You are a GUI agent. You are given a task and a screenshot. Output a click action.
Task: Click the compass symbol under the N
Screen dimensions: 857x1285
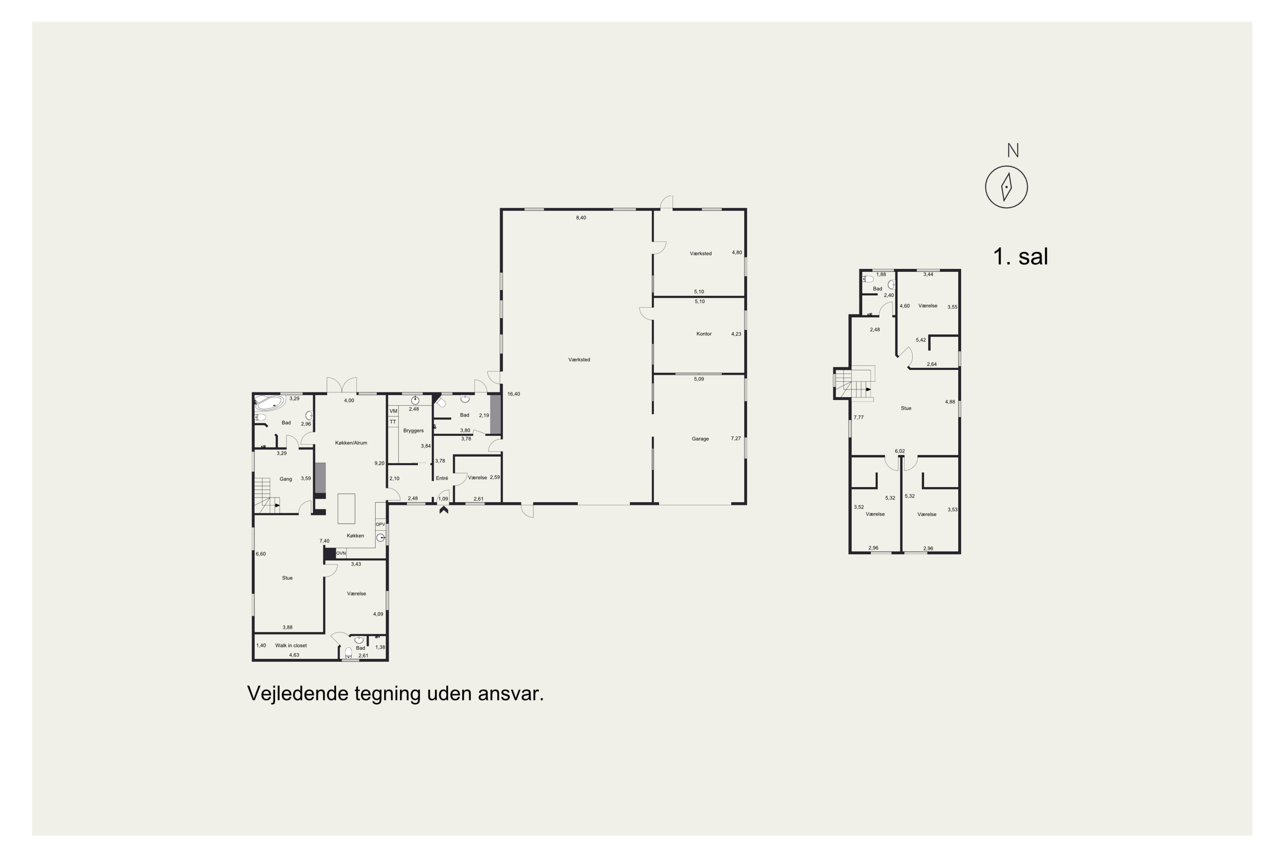[1006, 187]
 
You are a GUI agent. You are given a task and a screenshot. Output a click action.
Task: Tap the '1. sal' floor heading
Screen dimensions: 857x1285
[1020, 257]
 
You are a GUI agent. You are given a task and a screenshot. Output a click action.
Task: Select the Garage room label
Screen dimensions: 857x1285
[700, 439]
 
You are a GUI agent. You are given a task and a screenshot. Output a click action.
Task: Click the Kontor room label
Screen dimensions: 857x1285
[704, 334]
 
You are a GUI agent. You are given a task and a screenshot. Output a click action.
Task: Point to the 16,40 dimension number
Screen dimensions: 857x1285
[514, 394]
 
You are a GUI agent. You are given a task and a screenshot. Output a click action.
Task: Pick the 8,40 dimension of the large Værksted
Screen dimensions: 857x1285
[581, 218]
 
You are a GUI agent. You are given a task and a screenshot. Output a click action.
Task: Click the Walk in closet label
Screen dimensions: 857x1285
[291, 645]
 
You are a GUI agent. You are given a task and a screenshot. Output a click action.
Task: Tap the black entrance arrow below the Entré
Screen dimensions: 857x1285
[444, 510]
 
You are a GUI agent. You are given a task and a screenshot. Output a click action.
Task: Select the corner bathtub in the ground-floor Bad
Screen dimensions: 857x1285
[269, 403]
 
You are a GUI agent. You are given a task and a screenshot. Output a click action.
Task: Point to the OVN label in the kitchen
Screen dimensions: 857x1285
[341, 553]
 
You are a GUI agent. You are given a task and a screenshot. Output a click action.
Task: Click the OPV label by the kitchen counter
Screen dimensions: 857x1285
[380, 524]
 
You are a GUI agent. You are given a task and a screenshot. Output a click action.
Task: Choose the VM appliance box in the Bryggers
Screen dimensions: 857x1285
[393, 411]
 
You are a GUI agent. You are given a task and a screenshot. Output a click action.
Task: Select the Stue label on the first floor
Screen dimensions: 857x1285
[906, 408]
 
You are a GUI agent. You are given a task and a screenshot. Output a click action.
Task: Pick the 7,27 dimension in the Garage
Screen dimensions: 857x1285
[736, 438]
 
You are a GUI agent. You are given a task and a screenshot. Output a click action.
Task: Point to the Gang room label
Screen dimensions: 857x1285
[286, 479]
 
